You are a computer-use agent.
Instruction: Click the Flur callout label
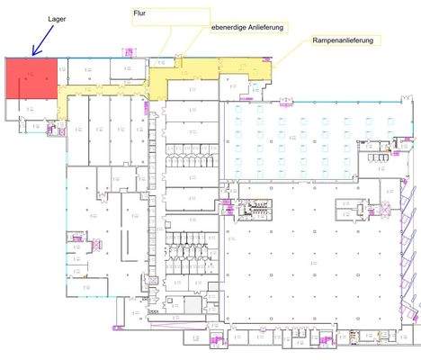pos(140,14)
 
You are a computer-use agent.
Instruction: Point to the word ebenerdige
pos(229,29)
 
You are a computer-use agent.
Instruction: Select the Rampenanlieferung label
pos(343,40)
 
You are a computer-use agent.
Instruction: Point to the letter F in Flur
pos(136,14)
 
